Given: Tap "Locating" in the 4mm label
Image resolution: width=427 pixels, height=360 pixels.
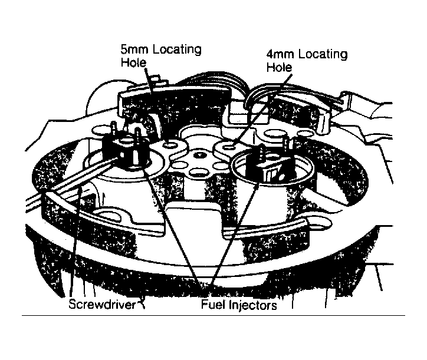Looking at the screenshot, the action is (x=323, y=55).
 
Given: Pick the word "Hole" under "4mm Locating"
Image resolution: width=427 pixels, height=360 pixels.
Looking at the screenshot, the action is (x=279, y=68).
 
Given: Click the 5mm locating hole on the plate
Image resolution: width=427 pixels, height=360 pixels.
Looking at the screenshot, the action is (x=172, y=144).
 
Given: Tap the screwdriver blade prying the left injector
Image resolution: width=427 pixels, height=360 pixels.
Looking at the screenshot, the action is (x=71, y=182).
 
